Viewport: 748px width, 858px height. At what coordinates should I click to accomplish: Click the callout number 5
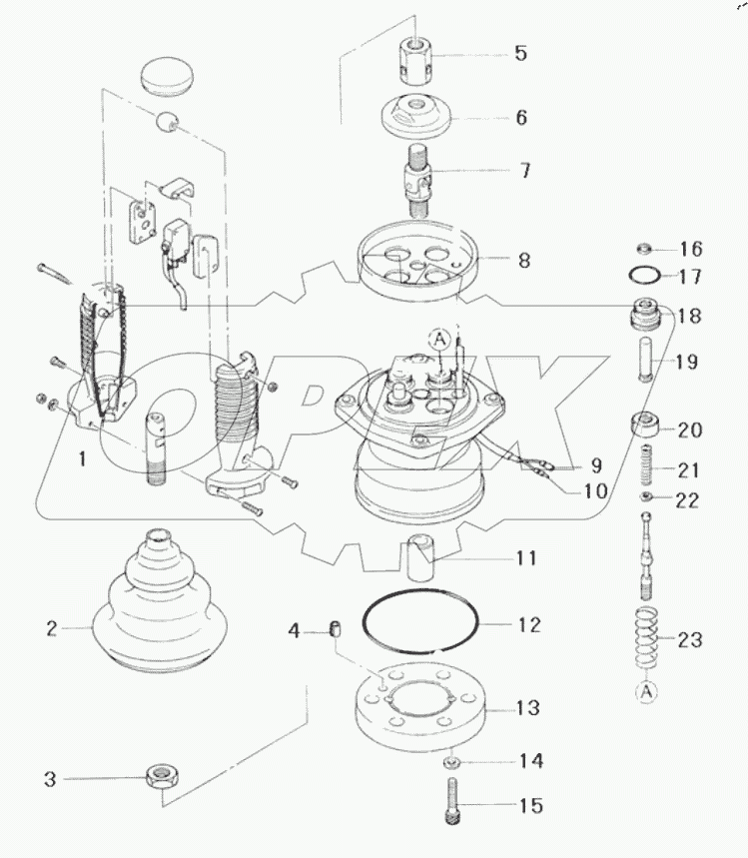520,54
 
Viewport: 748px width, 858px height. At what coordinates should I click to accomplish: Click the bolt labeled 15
451,803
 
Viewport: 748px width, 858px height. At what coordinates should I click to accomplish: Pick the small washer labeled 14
451,762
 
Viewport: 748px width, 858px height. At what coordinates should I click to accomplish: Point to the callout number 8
523,262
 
